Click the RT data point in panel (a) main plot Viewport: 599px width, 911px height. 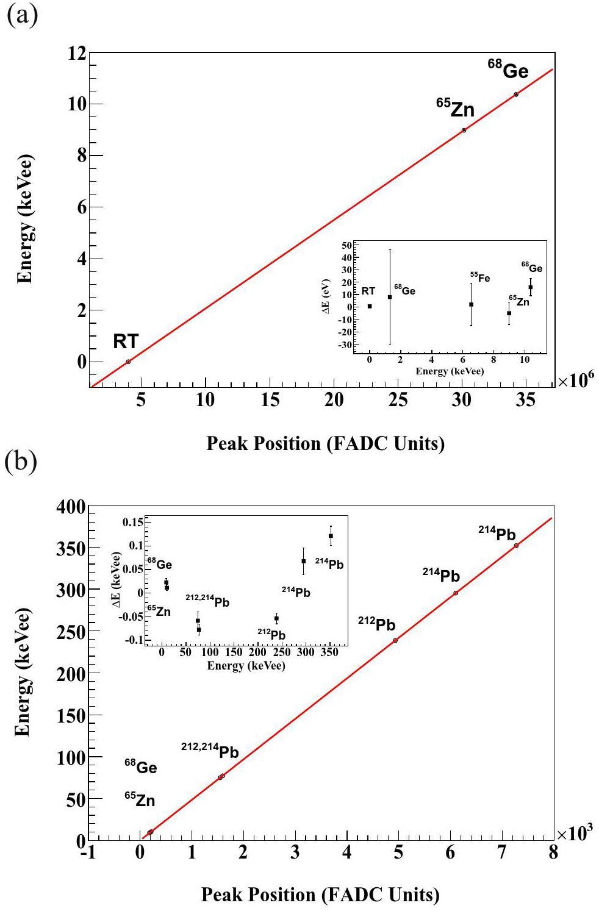click(x=128, y=362)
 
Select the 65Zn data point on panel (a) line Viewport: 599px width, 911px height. click(x=464, y=130)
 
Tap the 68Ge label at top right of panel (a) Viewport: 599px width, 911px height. click(x=508, y=70)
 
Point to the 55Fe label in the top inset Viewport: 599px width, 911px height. click(x=479, y=278)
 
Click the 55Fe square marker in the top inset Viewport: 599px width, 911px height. click(x=471, y=304)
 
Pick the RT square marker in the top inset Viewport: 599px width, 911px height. click(x=370, y=306)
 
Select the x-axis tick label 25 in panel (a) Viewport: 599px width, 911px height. click(x=398, y=399)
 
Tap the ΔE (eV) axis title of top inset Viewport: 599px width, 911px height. click(x=326, y=296)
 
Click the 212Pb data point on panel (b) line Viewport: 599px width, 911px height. click(x=395, y=640)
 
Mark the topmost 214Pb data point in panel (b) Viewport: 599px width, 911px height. click(x=516, y=545)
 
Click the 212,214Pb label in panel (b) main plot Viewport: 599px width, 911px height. click(x=209, y=751)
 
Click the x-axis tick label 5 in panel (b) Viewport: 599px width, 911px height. click(x=398, y=852)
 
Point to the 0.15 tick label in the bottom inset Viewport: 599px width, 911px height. click(x=132, y=521)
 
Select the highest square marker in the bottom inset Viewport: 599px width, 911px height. click(x=331, y=536)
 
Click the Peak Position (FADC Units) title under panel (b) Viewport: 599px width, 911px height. click(x=320, y=895)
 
